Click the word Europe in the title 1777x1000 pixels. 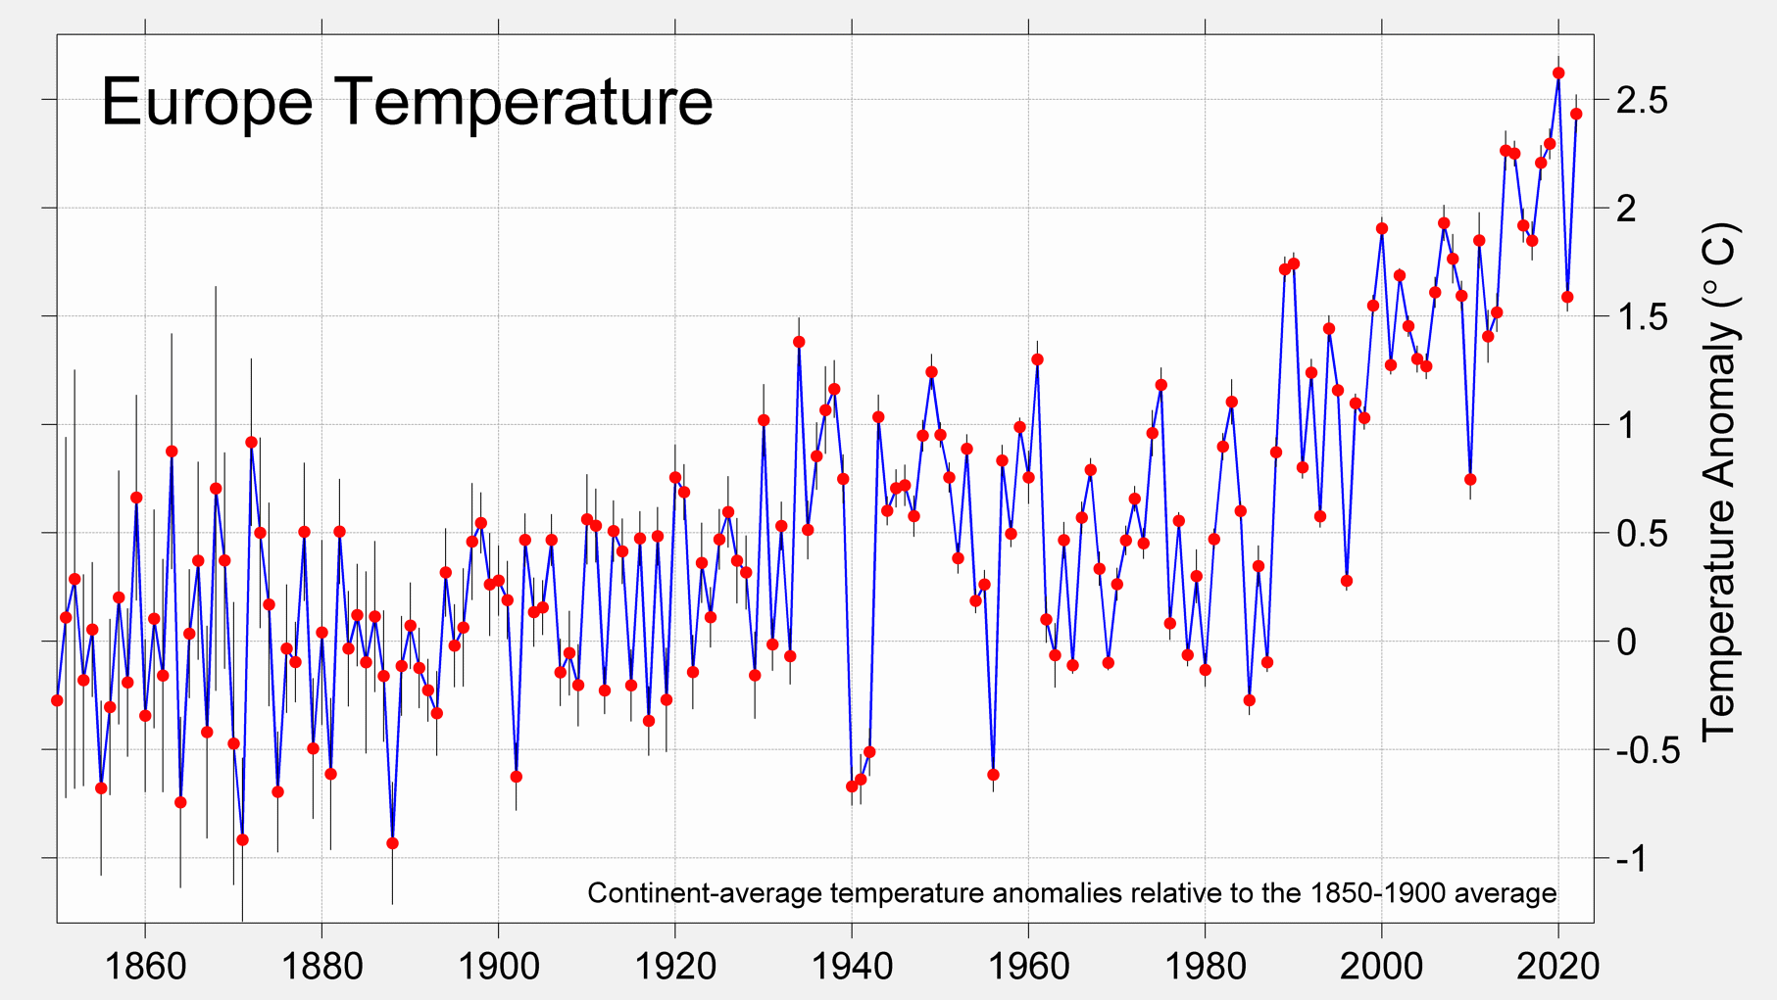click(x=207, y=102)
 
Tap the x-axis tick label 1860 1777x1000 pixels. click(x=145, y=967)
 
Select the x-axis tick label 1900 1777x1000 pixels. click(x=498, y=967)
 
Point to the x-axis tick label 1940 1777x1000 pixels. click(x=852, y=967)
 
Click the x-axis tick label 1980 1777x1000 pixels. click(x=1206, y=967)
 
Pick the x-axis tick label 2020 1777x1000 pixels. click(x=1558, y=967)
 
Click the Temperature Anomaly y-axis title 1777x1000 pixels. click(x=1719, y=480)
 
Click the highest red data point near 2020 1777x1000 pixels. click(x=1558, y=73)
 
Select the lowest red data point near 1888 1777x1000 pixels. click(x=392, y=843)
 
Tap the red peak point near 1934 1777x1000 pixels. click(x=799, y=342)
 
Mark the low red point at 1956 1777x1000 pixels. click(x=993, y=775)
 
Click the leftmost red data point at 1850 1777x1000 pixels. click(x=57, y=700)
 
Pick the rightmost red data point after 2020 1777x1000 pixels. click(x=1576, y=115)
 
